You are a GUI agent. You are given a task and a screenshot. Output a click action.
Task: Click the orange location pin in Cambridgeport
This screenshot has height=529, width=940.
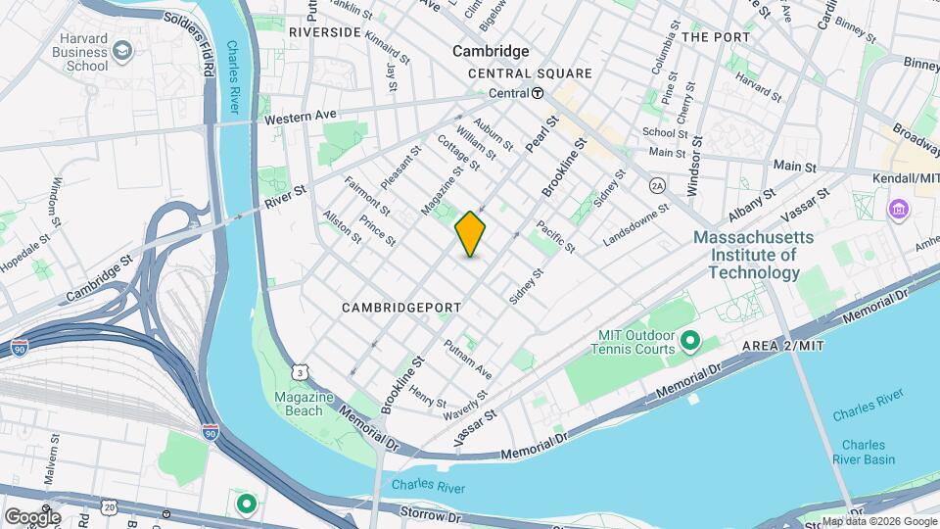click(470, 234)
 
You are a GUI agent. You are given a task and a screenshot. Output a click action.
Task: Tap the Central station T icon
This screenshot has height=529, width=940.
click(538, 93)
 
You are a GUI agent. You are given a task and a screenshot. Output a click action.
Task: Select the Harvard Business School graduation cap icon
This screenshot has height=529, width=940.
click(121, 50)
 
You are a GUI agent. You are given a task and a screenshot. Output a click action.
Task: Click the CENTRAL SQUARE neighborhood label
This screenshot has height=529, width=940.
click(530, 73)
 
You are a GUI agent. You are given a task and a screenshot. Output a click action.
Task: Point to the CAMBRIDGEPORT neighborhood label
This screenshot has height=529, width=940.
click(401, 308)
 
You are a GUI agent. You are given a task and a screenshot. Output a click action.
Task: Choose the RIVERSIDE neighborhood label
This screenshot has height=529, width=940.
click(325, 32)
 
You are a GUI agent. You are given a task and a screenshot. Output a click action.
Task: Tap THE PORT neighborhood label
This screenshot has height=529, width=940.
click(716, 37)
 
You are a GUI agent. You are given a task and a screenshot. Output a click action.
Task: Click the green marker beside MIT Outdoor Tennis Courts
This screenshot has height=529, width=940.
click(690, 341)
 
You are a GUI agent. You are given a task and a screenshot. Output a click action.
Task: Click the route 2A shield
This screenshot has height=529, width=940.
click(657, 184)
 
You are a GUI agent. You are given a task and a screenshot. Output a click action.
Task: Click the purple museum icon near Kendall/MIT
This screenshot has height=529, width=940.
click(898, 209)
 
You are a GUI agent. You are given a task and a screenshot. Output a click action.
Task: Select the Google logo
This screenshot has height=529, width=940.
click(31, 516)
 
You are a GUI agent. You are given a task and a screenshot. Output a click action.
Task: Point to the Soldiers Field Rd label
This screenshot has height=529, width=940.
click(207, 39)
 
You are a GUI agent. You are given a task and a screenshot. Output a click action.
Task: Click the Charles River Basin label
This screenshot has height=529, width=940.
click(862, 452)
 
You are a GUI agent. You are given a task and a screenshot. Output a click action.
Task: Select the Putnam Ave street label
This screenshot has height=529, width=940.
click(467, 360)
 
